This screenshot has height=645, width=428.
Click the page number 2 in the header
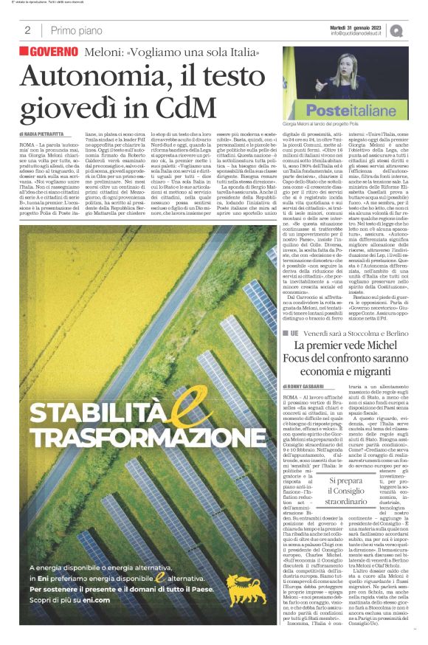point(27,30)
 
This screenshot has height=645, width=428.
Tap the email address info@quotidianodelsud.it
point(356,33)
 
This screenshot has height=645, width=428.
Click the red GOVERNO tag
point(49,52)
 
